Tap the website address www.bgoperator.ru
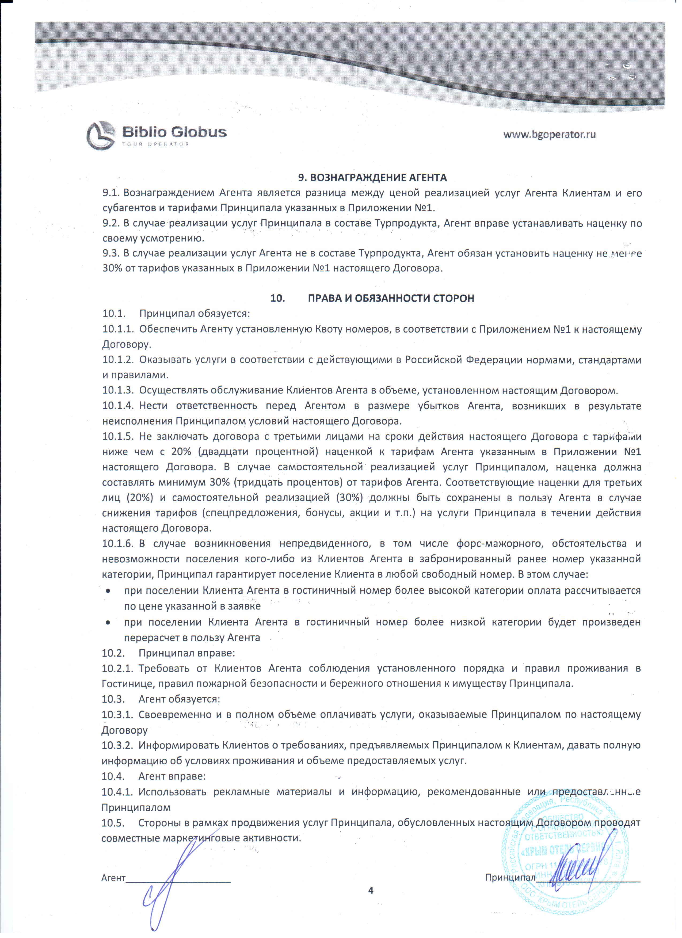[549, 134]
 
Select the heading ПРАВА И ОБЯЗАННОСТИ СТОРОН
[391, 299]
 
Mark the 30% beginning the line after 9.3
[111, 268]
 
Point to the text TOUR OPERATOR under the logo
[156, 144]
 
